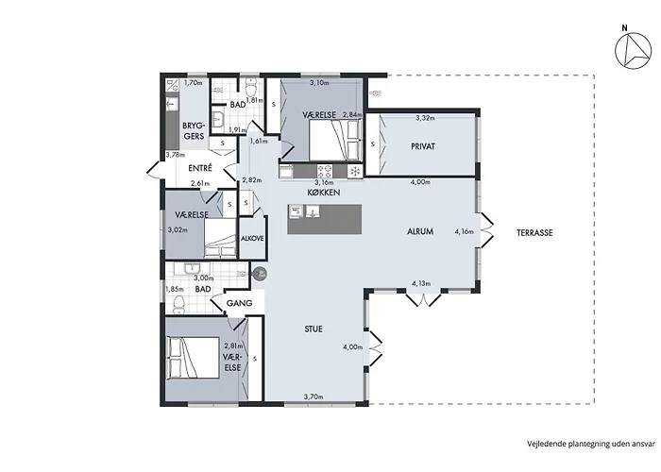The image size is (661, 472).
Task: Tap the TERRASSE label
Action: click(x=534, y=232)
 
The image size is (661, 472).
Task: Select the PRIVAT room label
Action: click(x=423, y=146)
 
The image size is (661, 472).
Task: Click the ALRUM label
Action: click(x=420, y=231)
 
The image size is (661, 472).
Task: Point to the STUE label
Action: click(x=314, y=329)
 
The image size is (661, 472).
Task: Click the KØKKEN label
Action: click(x=324, y=193)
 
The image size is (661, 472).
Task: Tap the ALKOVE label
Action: click(x=252, y=239)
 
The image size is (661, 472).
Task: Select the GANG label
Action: click(x=240, y=303)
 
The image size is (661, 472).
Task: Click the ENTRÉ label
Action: click(x=200, y=168)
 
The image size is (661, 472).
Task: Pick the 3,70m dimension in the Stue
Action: click(x=314, y=396)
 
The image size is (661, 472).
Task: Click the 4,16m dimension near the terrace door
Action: click(x=464, y=231)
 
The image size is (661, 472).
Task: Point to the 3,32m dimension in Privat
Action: click(x=425, y=118)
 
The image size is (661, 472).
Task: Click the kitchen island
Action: click(x=325, y=219)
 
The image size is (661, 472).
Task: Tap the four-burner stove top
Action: click(x=325, y=171)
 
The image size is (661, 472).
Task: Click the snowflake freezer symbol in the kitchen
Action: click(x=355, y=171)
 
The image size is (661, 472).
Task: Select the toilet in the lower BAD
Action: click(x=179, y=304)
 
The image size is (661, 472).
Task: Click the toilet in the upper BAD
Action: click(x=251, y=87)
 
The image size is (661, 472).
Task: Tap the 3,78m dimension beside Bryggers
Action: click(x=175, y=155)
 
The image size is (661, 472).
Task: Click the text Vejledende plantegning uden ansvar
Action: click(x=591, y=444)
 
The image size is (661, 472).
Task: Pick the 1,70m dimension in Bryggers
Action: click(x=193, y=83)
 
